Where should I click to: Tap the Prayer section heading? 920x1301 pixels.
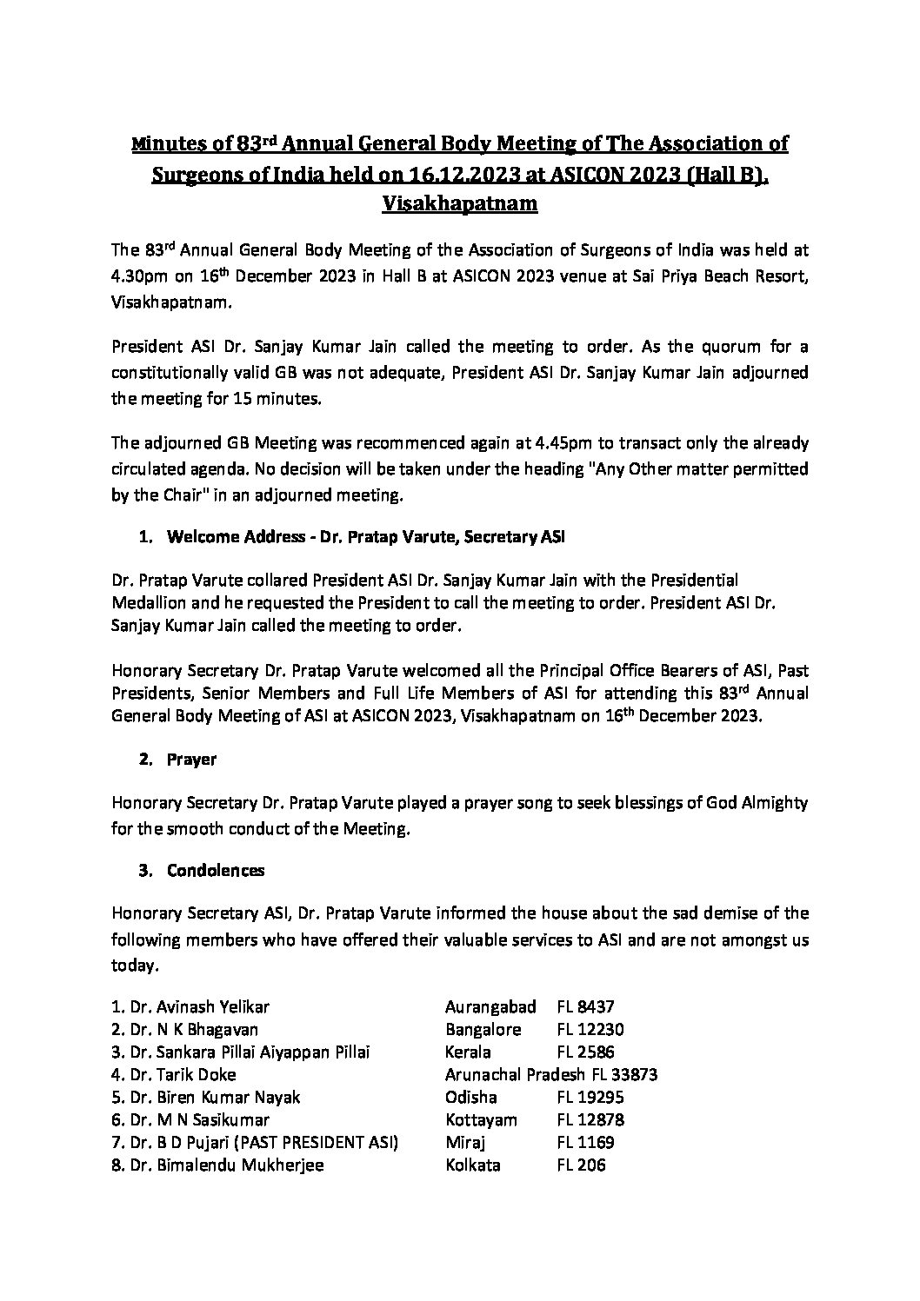pos(191,760)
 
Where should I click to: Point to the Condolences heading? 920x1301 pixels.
pos(216,870)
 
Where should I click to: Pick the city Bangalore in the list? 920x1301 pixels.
pos(483,1030)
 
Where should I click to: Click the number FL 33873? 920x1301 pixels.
pos(623,1075)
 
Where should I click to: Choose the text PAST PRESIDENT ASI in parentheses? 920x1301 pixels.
pos(324,1143)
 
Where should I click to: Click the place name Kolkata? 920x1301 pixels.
pos(472,1165)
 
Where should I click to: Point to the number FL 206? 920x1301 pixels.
pos(581,1165)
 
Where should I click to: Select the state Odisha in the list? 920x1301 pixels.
pos(470,1098)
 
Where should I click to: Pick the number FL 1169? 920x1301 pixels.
pos(585,1143)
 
